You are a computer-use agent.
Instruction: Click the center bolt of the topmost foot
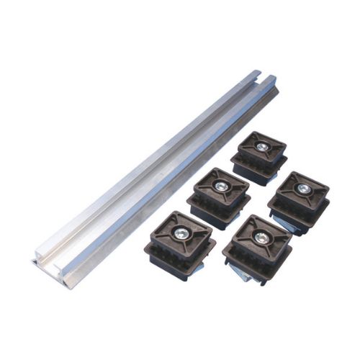click(263, 146)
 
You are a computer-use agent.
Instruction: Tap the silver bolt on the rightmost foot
click(304, 188)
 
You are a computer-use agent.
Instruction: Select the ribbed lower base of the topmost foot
click(258, 170)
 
